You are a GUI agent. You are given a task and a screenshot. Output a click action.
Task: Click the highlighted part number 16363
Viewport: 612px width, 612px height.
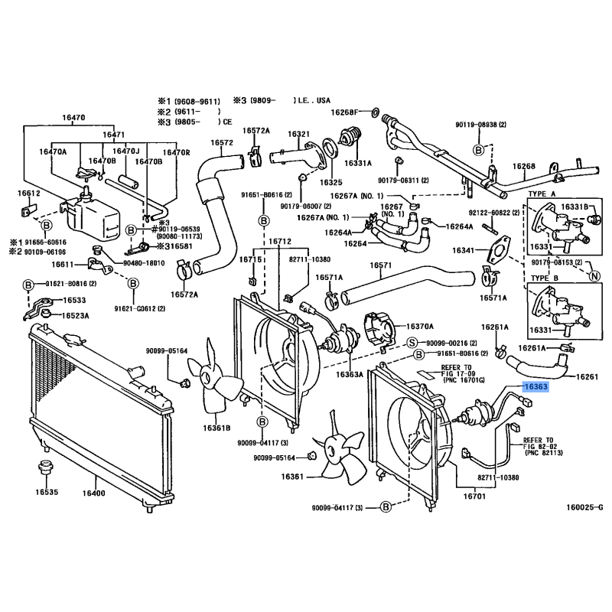pos(535,387)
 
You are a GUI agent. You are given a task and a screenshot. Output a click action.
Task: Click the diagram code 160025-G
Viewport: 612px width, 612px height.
pos(584,507)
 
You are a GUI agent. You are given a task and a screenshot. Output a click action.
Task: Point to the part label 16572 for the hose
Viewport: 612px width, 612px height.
pos(222,142)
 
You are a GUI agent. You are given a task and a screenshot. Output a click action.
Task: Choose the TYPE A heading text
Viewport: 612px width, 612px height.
pos(542,196)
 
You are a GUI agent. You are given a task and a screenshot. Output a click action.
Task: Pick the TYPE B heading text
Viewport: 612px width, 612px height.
pos(542,278)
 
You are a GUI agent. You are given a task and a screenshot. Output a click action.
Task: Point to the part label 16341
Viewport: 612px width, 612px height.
pos(464,250)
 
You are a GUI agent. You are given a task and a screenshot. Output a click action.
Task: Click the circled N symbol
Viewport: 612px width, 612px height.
pos(595,275)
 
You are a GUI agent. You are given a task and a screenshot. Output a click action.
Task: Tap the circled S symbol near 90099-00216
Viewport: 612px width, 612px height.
pos(411,342)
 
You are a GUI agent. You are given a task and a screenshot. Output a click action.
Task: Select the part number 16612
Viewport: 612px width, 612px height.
pos(29,195)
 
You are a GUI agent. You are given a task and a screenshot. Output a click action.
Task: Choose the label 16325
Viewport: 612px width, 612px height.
pos(330,183)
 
